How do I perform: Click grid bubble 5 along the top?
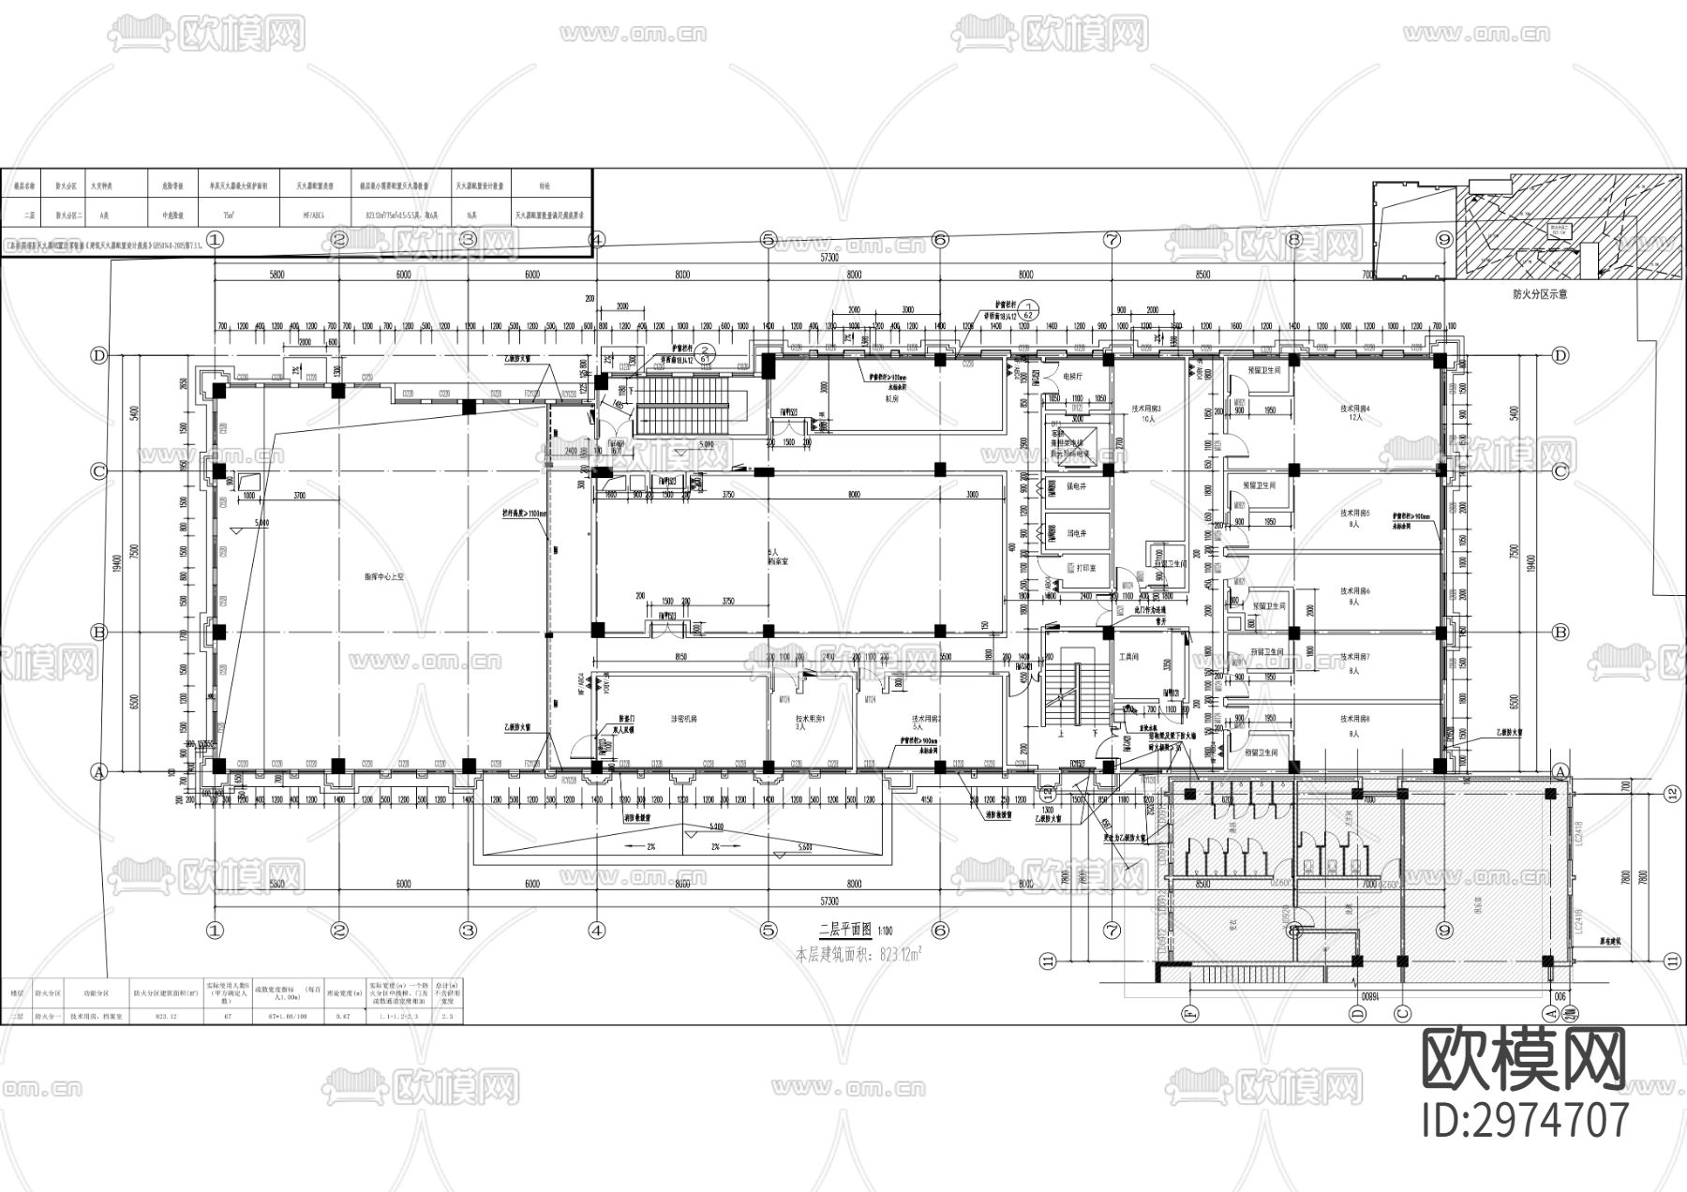point(769,240)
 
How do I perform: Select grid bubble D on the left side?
point(97,355)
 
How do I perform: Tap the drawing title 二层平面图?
point(844,931)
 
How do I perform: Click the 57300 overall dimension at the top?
point(829,257)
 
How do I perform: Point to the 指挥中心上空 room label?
point(383,578)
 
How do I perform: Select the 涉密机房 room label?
point(683,719)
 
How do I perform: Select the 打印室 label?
point(1086,568)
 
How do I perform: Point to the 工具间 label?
point(1128,658)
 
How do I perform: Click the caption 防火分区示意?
point(1540,294)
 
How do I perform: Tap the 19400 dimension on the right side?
point(1531,563)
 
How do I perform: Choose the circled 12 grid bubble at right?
point(1671,795)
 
